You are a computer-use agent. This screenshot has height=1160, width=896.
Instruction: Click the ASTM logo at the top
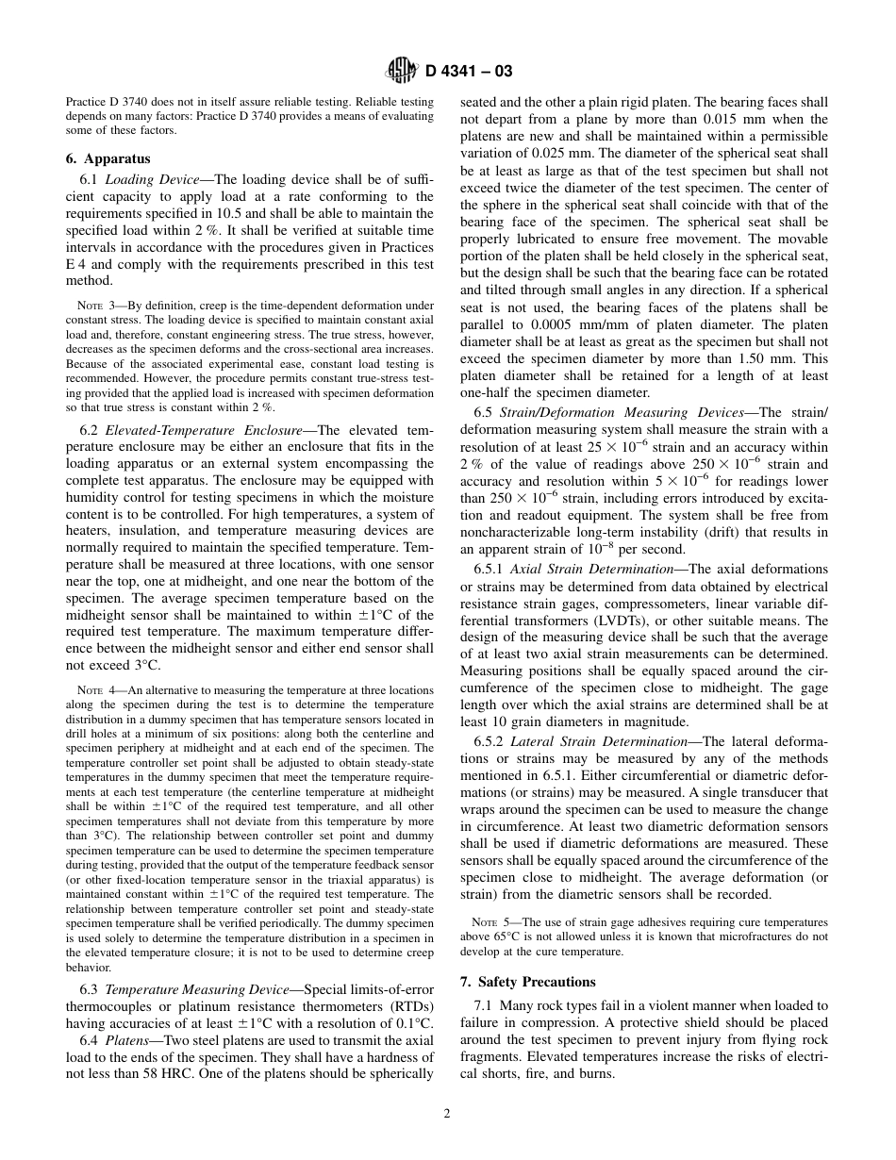coord(402,69)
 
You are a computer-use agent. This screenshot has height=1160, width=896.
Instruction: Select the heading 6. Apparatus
coord(108,158)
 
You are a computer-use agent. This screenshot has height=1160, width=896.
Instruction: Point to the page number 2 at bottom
coord(447,1113)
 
